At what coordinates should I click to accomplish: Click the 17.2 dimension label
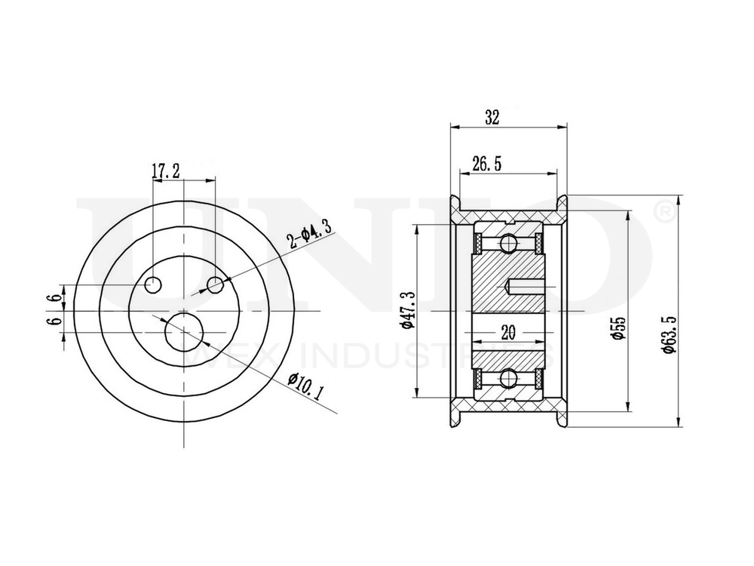coord(165,171)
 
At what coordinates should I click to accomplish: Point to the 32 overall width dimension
coord(492,117)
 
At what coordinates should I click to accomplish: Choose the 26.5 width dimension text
coord(487,164)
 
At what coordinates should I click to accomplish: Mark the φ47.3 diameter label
coord(406,309)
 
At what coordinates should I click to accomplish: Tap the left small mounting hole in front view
coord(154,285)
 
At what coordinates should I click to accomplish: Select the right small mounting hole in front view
coord(216,285)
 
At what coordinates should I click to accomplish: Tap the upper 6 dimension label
coord(51,297)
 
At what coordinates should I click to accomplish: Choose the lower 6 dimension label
coord(51,321)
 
